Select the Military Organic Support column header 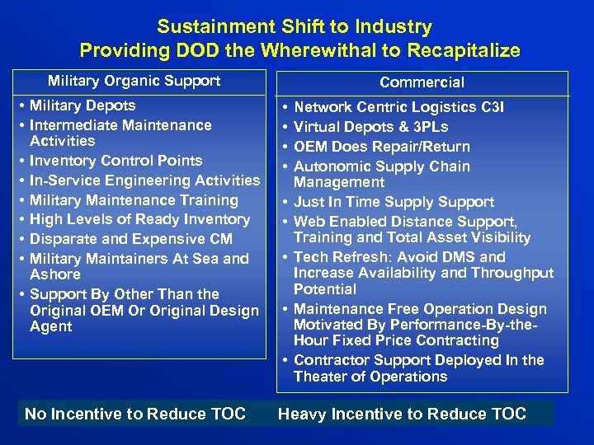pyautogui.click(x=134, y=81)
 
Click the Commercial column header pyautogui.click(x=422, y=82)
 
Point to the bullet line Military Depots pyautogui.click(x=82, y=105)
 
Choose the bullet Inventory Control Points pyautogui.click(x=115, y=161)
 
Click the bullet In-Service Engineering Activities pyautogui.click(x=144, y=180)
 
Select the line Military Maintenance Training pyautogui.click(x=134, y=200)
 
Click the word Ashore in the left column pyautogui.click(x=55, y=274)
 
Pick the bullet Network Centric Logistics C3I pyautogui.click(x=399, y=107)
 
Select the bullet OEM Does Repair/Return pyautogui.click(x=382, y=147)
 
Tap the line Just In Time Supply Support pyautogui.click(x=394, y=202)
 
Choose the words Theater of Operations pyautogui.click(x=370, y=377)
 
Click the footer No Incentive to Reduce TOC pyautogui.click(x=135, y=414)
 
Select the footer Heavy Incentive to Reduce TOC pyautogui.click(x=402, y=414)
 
